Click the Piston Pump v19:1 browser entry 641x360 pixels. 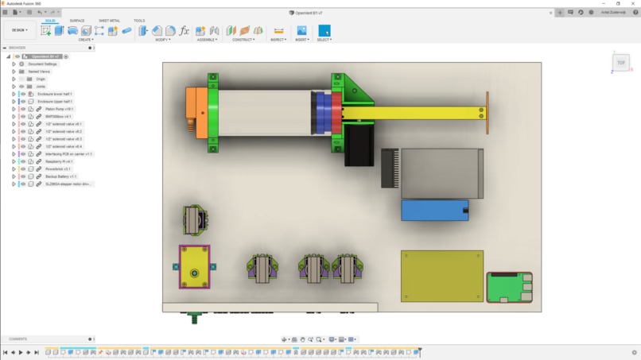59,109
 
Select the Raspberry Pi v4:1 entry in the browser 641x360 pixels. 58,161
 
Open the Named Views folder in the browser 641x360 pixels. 39,72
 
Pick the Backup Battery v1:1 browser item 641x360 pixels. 60,176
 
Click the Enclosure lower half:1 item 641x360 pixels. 55,94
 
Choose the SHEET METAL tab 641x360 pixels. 109,21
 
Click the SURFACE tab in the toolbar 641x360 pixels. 77,21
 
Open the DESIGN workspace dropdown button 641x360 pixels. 19,30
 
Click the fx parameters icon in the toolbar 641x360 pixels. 185,31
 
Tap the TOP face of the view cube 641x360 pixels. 621,63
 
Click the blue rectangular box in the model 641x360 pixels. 434,210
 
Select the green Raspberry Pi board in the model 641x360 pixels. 508,286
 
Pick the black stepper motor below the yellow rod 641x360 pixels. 359,146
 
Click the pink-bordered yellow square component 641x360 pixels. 194,267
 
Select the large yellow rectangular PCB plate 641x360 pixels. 441,276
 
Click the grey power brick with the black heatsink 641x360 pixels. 441,172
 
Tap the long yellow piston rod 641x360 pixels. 414,113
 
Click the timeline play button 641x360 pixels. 21,352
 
